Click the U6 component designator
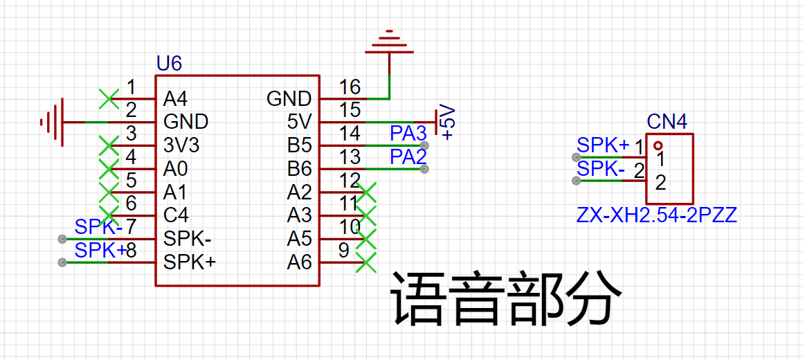tap(169, 64)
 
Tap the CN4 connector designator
tap(667, 123)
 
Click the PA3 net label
tap(408, 133)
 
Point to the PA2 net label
tap(408, 156)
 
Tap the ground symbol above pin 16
tap(390, 43)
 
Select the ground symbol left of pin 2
tap(53, 123)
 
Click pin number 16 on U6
tap(350, 87)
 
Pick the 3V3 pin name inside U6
tap(181, 145)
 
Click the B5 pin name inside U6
tap(299, 145)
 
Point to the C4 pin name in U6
tap(176, 215)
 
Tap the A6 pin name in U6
tap(299, 262)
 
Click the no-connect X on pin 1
tap(108, 98)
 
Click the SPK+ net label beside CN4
tap(603, 145)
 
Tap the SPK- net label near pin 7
tap(98, 226)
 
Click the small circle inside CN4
tap(658, 145)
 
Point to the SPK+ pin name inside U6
tap(189, 262)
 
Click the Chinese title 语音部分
tap(503, 299)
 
